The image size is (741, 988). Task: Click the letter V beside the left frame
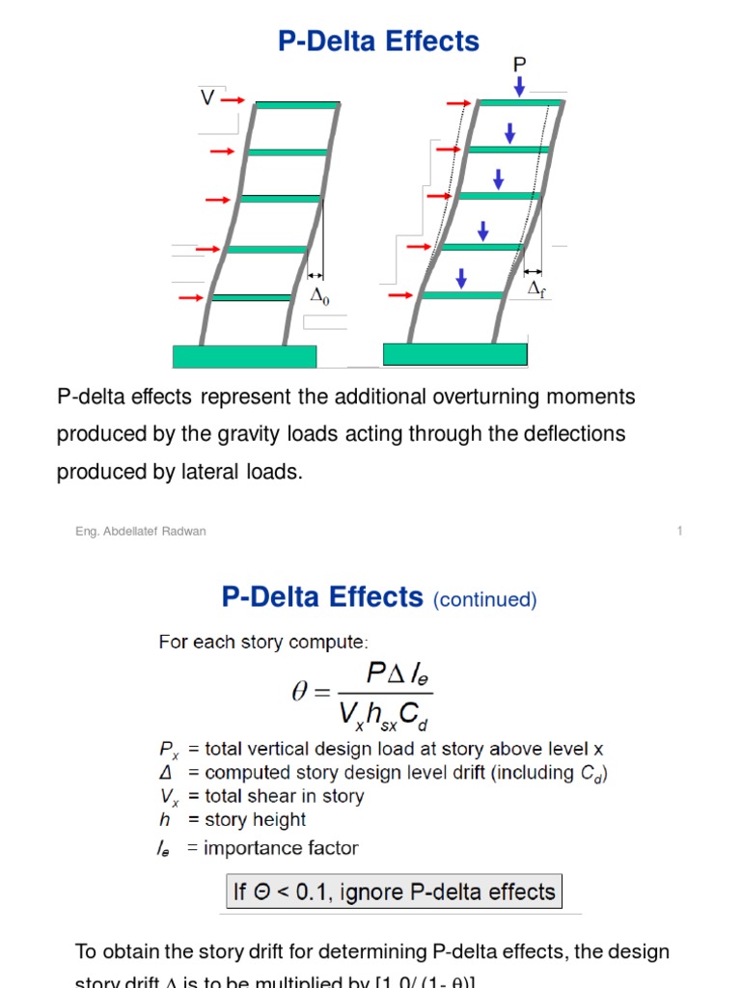coord(206,98)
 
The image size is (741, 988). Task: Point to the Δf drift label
coord(536,290)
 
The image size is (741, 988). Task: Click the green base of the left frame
coord(244,356)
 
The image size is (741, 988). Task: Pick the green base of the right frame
coord(454,354)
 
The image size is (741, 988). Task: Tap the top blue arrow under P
coord(519,87)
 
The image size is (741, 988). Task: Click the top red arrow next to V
coord(233,99)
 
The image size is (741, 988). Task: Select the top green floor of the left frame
coord(297,104)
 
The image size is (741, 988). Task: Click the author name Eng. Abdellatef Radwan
coord(140,532)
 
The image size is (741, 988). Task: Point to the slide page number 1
coord(680,531)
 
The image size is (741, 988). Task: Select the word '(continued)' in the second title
coord(484,600)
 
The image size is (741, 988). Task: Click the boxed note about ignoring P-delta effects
coord(394,891)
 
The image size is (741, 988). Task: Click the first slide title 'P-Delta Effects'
coord(378,41)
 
